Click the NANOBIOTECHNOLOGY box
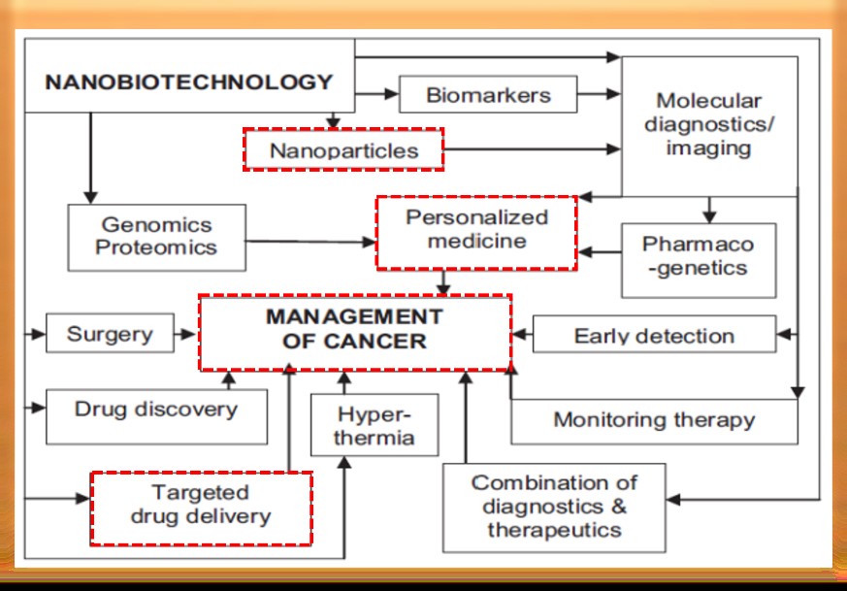(x=190, y=82)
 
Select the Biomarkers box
(x=488, y=95)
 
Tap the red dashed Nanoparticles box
(x=343, y=150)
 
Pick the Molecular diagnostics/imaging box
(x=709, y=125)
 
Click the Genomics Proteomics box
(x=155, y=237)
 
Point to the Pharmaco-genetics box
(x=699, y=255)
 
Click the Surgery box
(x=110, y=336)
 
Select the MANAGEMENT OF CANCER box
(x=355, y=330)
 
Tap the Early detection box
(x=654, y=336)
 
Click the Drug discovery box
(x=155, y=409)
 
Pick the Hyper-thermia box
(x=374, y=425)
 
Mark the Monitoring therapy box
(x=654, y=420)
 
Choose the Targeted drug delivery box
(x=201, y=505)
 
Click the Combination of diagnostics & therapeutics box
(x=554, y=507)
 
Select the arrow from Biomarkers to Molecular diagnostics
(x=600, y=95)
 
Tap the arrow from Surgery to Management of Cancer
(x=185, y=336)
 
